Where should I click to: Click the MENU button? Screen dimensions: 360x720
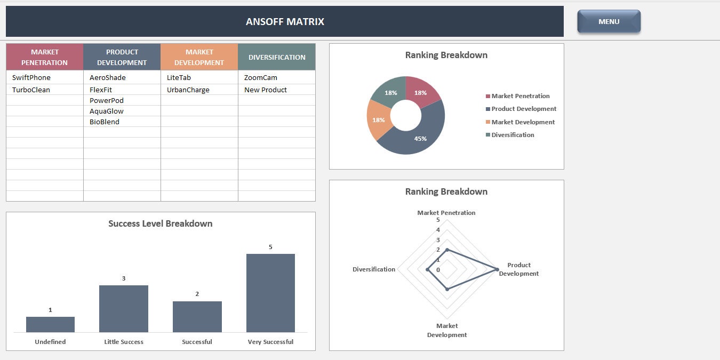[609, 22]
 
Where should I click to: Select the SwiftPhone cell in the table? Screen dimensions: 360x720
[31, 78]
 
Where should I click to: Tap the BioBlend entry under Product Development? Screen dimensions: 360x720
[105, 122]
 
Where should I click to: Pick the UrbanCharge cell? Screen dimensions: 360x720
[188, 90]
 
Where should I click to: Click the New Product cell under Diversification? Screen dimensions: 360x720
[266, 90]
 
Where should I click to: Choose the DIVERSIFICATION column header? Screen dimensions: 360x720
[277, 57]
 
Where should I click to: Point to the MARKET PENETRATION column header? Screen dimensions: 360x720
[45, 57]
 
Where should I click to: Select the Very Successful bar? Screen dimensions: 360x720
[270, 293]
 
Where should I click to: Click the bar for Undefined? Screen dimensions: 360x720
[50, 324]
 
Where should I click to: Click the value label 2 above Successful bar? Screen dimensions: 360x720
[197, 294]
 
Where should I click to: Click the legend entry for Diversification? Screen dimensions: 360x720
[513, 135]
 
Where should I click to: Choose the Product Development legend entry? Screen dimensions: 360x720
[523, 109]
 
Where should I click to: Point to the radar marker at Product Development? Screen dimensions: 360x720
[497, 269]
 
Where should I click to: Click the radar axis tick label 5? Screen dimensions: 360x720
[438, 220]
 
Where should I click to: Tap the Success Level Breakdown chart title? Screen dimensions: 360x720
[160, 224]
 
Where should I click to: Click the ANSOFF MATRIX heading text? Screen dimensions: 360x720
[285, 22]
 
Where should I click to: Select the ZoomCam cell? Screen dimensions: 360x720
[261, 78]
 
